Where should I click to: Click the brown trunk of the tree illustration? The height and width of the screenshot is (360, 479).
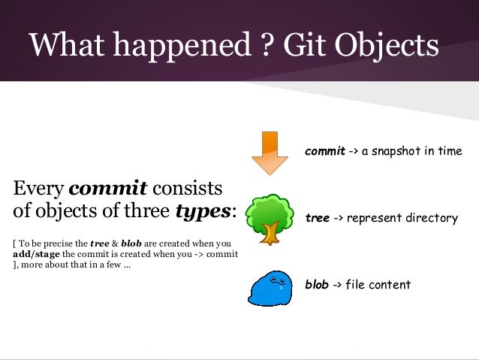[x=270, y=234]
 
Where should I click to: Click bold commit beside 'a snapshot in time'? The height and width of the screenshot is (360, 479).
[x=324, y=152]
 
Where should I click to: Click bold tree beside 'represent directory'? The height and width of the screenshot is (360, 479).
[x=318, y=219]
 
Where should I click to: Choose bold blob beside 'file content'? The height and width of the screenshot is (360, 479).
[x=317, y=285]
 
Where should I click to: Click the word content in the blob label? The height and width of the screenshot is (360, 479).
[x=390, y=285]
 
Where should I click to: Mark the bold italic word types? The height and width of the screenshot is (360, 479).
[x=203, y=210]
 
